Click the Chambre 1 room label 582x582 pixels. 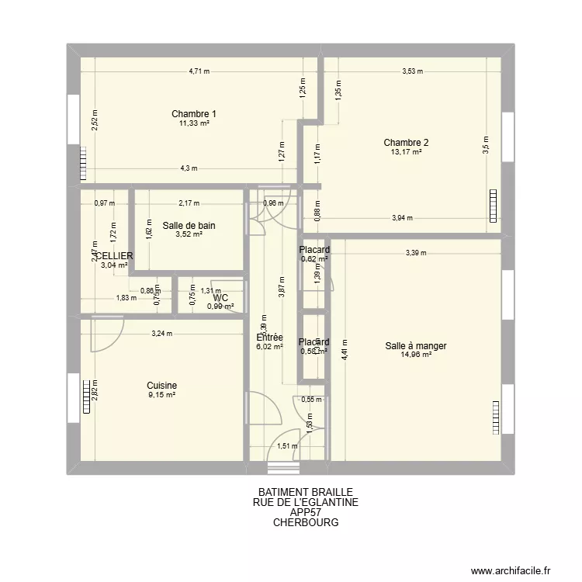(x=194, y=114)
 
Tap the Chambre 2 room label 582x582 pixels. (x=406, y=142)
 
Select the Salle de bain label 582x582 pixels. (x=189, y=226)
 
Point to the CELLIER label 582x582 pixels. (x=113, y=255)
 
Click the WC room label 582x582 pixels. (x=220, y=297)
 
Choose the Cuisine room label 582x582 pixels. (x=161, y=385)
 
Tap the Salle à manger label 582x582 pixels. (x=415, y=346)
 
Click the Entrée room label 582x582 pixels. (x=269, y=338)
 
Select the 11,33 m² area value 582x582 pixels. (x=194, y=123)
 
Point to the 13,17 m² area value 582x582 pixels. (x=406, y=152)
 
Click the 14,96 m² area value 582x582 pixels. (x=415, y=355)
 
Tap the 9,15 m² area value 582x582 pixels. (x=161, y=395)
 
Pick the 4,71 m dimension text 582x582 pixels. (x=199, y=71)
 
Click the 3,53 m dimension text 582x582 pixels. (x=412, y=71)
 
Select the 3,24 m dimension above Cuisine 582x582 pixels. (x=161, y=334)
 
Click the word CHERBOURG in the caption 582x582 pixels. (x=305, y=522)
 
